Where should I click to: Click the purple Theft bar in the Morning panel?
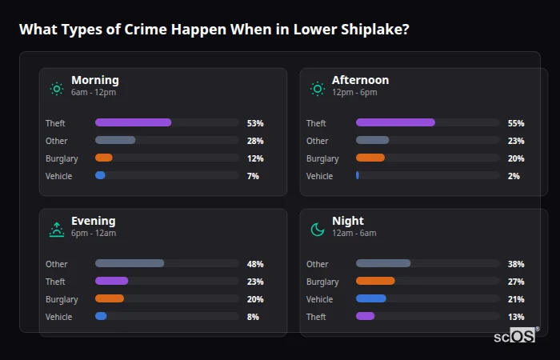point(133,122)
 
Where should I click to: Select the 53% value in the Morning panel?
point(255,123)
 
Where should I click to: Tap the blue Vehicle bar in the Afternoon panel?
point(358,175)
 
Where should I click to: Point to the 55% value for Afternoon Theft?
point(516,123)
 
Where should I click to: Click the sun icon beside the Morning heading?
point(56,88)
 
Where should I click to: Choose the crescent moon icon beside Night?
point(318,230)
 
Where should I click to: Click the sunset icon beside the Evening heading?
point(56,230)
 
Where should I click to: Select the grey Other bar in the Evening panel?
point(129,263)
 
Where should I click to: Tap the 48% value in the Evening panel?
point(255,264)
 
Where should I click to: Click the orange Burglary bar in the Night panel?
point(375,281)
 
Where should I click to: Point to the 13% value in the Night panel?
point(516,317)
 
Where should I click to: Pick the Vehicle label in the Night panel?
point(319,299)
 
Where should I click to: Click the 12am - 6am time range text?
point(354,234)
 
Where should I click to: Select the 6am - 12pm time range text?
point(93,93)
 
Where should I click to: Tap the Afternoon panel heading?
point(360,80)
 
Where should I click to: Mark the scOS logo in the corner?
point(514,337)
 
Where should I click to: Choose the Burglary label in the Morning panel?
point(62,158)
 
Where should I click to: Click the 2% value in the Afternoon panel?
point(514,176)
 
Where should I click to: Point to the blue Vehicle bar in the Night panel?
point(370,298)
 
